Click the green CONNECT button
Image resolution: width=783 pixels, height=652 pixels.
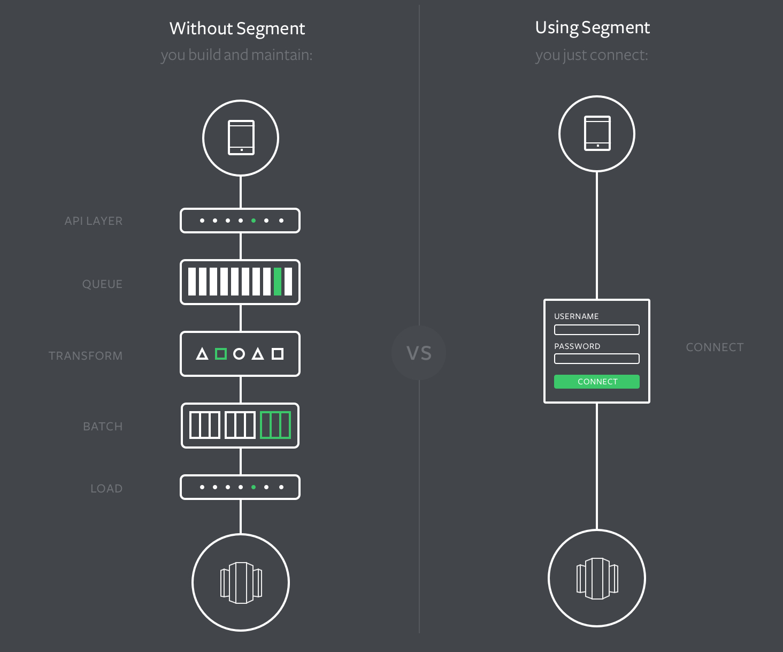click(596, 382)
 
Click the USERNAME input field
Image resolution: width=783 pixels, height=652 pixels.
click(596, 330)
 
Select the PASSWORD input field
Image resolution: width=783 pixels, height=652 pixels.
click(596, 359)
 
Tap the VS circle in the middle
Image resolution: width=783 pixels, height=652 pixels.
click(419, 353)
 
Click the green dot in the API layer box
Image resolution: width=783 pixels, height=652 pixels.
click(254, 221)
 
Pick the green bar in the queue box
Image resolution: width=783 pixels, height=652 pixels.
click(278, 282)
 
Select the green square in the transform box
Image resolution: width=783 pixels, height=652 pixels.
click(220, 354)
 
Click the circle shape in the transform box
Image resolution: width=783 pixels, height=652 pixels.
click(239, 354)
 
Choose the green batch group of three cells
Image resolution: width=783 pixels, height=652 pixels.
click(275, 426)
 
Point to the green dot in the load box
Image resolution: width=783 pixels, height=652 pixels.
click(254, 487)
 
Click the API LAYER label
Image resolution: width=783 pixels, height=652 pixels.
click(94, 221)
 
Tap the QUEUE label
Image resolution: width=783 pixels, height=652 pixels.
click(102, 284)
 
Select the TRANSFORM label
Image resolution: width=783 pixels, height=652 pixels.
click(86, 356)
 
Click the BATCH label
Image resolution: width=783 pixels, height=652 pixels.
click(103, 427)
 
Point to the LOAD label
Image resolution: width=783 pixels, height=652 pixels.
click(106, 489)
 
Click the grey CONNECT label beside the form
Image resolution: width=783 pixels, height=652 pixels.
click(715, 347)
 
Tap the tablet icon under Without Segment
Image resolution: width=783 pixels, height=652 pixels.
click(241, 138)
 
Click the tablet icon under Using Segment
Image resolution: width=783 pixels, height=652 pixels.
click(597, 133)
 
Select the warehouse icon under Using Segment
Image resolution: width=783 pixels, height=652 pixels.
click(597, 578)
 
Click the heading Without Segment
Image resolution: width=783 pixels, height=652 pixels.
click(237, 28)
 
